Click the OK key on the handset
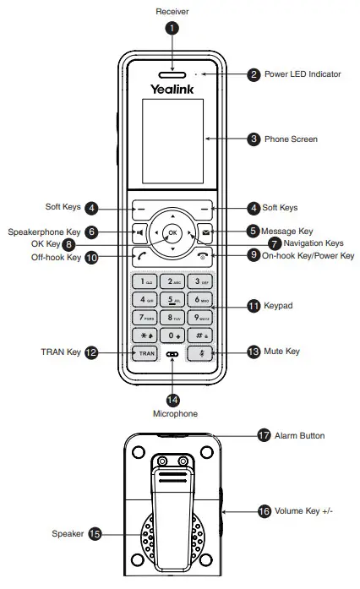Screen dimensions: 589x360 [172, 232]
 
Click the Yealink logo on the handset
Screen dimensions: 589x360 [172, 88]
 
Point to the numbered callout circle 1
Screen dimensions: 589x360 [172, 28]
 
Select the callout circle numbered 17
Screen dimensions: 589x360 [263, 436]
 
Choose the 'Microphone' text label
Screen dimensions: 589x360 [175, 414]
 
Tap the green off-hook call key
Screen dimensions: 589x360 [137, 253]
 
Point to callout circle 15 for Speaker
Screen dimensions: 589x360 [95, 533]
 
